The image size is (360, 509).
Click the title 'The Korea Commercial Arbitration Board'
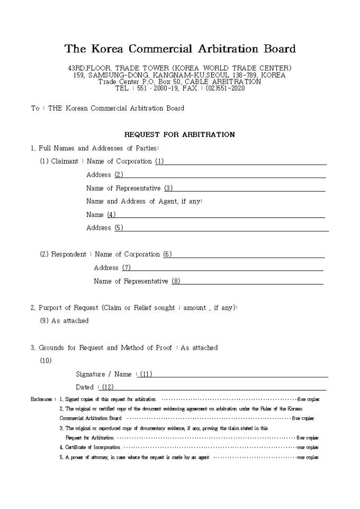coord(180,49)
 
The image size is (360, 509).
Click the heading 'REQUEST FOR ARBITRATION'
coord(179,134)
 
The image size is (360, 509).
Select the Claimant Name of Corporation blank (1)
coord(244,161)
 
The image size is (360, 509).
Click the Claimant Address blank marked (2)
coord(222,175)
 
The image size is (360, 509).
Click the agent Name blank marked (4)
coord(217,215)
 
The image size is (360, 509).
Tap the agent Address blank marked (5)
coord(222,228)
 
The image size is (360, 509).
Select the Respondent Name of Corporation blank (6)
coord(246,254)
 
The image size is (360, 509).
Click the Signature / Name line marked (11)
coord(233,375)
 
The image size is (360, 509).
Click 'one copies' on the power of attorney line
coord(308,457)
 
